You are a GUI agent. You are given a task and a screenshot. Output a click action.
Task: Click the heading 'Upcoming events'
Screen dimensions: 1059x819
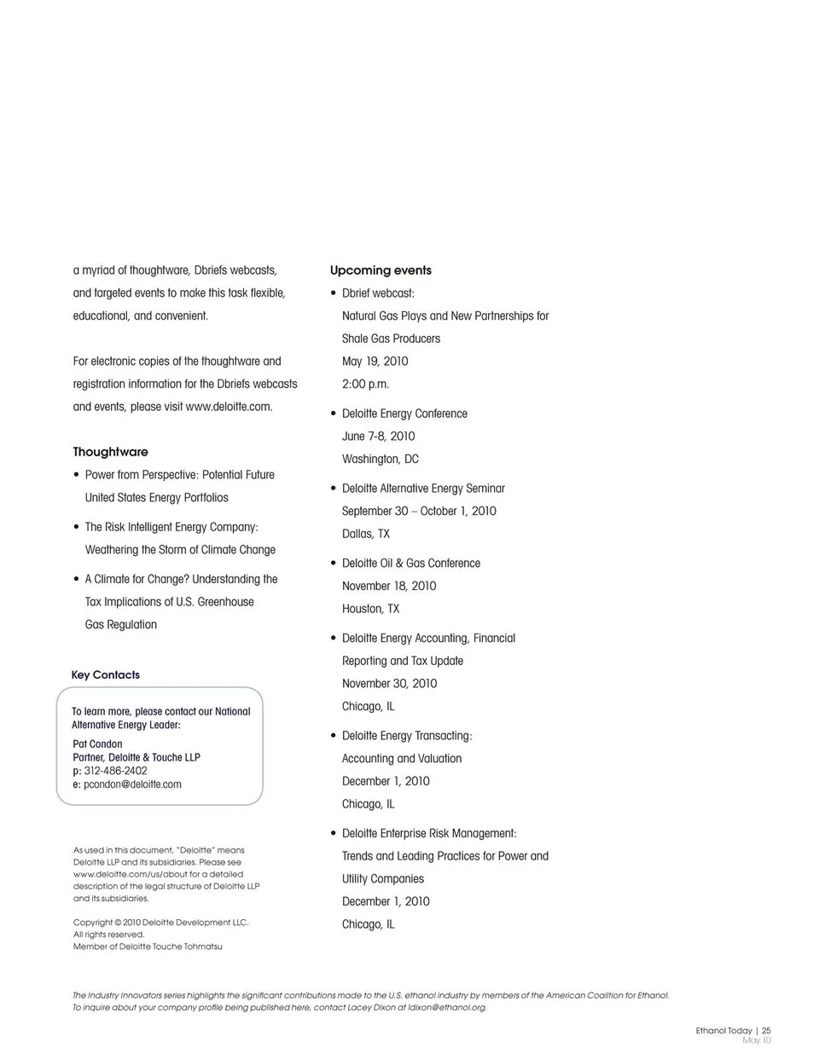pyautogui.click(x=380, y=270)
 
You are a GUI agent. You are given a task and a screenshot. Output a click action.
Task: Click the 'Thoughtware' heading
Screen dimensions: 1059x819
pyautogui.click(x=110, y=452)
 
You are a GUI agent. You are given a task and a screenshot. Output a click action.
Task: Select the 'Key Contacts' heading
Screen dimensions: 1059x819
pyautogui.click(x=105, y=674)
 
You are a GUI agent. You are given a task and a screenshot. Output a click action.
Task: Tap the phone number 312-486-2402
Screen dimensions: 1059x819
pyautogui.click(x=115, y=771)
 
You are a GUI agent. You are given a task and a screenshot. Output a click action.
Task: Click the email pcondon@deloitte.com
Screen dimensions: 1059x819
pyautogui.click(x=132, y=784)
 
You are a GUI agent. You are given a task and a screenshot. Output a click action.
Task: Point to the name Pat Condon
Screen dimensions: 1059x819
pyautogui.click(x=97, y=744)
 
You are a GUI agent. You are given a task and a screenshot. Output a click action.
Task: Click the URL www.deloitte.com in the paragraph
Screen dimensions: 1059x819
pyautogui.click(x=229, y=407)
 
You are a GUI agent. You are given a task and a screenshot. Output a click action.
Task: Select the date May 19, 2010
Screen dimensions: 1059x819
pyautogui.click(x=375, y=361)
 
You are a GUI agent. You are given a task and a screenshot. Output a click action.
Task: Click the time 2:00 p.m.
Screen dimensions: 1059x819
pyautogui.click(x=365, y=384)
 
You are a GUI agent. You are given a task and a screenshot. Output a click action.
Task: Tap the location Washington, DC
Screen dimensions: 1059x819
pyautogui.click(x=380, y=459)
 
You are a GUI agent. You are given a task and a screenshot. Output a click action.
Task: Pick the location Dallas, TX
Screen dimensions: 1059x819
pyautogui.click(x=365, y=534)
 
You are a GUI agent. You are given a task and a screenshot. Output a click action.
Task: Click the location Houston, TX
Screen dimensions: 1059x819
pyautogui.click(x=370, y=609)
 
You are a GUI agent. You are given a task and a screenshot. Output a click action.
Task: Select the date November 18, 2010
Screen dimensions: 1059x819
pyautogui.click(x=388, y=586)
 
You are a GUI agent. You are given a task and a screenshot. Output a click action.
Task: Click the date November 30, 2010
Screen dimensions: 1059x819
pyautogui.click(x=389, y=683)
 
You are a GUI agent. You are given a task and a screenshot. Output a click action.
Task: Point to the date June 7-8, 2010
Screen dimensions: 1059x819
pyautogui.click(x=378, y=436)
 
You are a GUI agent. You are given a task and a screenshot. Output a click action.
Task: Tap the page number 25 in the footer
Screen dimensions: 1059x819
pyautogui.click(x=766, y=1030)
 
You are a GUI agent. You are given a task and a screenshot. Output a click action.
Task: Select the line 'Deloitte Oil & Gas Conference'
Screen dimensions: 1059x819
pyautogui.click(x=410, y=563)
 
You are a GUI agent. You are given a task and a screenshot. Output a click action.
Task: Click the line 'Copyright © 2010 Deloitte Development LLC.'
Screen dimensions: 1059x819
pyautogui.click(x=160, y=922)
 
